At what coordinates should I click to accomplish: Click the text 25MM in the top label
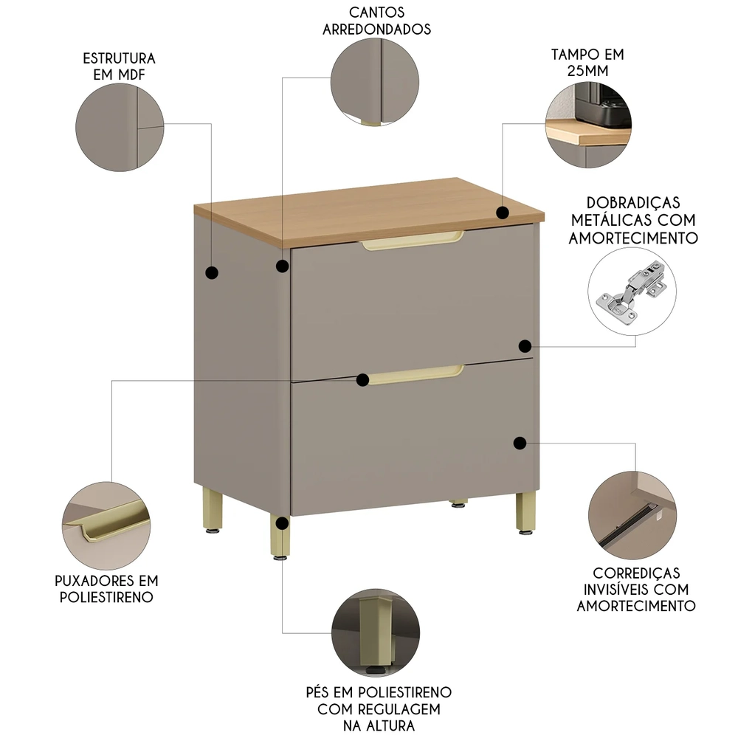(587, 71)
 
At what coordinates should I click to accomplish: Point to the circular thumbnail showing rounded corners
(374, 80)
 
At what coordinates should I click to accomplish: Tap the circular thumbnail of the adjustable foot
(374, 633)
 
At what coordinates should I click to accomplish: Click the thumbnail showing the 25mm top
(588, 124)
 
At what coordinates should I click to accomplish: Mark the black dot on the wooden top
(503, 213)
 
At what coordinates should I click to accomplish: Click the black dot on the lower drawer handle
(362, 379)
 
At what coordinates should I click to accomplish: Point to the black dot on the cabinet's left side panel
(212, 272)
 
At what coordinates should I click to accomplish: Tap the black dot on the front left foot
(282, 523)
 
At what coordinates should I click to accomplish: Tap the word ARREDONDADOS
(377, 30)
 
